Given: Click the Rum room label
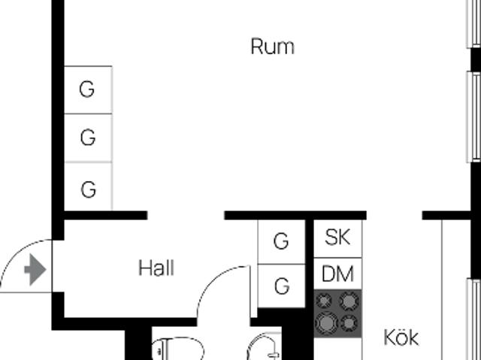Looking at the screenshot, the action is click(272, 47).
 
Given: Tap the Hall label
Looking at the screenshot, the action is click(156, 268).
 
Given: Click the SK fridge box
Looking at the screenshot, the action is click(337, 239).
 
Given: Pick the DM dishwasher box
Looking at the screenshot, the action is click(337, 274).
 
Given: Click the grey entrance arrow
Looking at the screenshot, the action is click(35, 270).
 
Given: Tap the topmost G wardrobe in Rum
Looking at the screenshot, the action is click(88, 90).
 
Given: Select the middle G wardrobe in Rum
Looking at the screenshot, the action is click(88, 138).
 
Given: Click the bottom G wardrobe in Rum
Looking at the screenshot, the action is click(88, 186).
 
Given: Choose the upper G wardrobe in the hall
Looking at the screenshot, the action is click(282, 242).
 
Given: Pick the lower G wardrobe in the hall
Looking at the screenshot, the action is click(282, 286).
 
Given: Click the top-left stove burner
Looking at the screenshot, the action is click(324, 300).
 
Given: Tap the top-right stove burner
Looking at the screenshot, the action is click(349, 301).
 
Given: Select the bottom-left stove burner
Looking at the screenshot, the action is click(326, 322).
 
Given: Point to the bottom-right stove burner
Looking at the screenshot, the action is click(349, 323).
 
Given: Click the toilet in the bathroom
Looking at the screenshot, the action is click(178, 349).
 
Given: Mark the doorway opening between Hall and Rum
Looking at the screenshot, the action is click(186, 215).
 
